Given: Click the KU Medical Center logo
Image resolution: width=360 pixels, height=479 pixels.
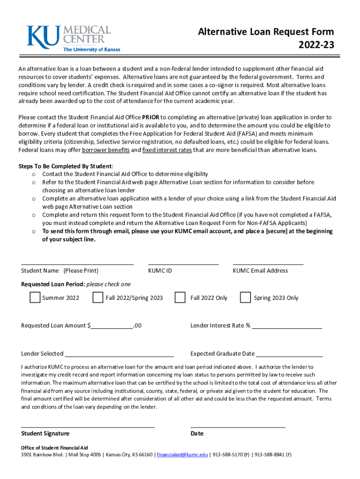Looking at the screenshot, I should [x=69, y=37].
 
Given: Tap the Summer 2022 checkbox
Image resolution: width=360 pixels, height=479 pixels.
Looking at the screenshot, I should [x=35, y=298].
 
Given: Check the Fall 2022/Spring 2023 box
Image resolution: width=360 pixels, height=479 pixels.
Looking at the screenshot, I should [x=98, y=298].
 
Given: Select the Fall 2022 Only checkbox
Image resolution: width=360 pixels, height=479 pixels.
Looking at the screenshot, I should [x=180, y=298].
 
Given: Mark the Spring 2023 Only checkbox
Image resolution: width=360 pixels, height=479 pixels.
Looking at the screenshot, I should [x=245, y=298].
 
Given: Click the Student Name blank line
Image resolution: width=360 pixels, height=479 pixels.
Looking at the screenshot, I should [x=77, y=263].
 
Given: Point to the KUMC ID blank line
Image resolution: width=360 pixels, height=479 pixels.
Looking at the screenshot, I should [x=183, y=263].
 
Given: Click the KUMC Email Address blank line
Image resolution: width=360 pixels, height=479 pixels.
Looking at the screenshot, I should [x=268, y=263].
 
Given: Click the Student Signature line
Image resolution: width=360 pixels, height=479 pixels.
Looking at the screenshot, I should [x=88, y=426].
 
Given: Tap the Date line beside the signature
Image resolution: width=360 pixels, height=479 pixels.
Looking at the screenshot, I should [x=238, y=426].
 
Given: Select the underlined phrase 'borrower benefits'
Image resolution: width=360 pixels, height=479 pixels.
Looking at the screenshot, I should [x=105, y=150].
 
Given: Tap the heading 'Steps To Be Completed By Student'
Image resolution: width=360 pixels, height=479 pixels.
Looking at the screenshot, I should [x=65, y=166].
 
